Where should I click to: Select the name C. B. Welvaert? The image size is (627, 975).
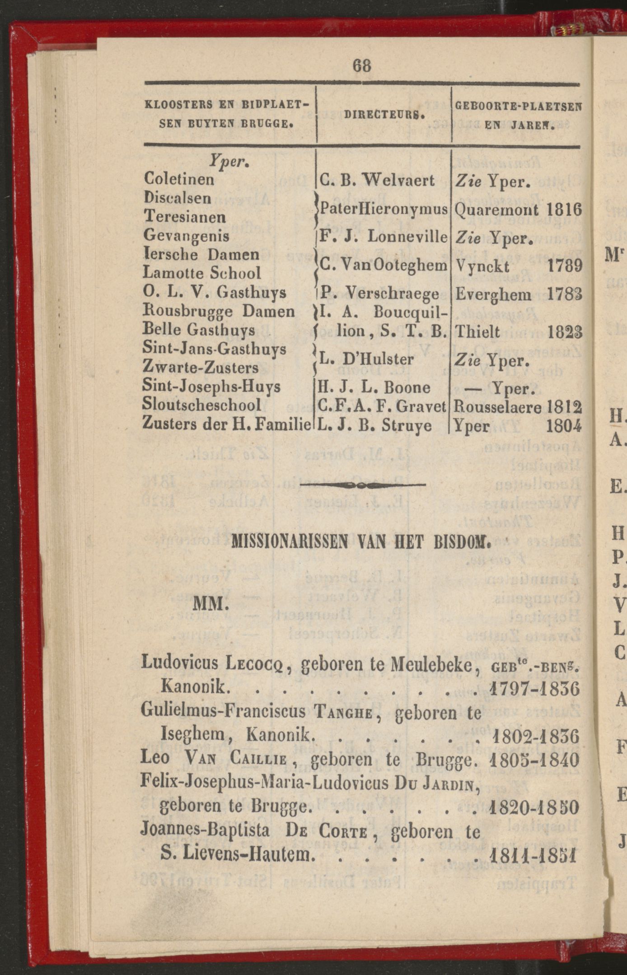(x=377, y=181)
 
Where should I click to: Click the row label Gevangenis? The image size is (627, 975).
(x=186, y=236)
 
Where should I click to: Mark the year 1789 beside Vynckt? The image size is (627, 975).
(x=564, y=266)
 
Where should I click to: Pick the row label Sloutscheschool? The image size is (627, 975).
(x=201, y=405)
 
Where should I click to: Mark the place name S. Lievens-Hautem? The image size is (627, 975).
(x=237, y=855)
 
